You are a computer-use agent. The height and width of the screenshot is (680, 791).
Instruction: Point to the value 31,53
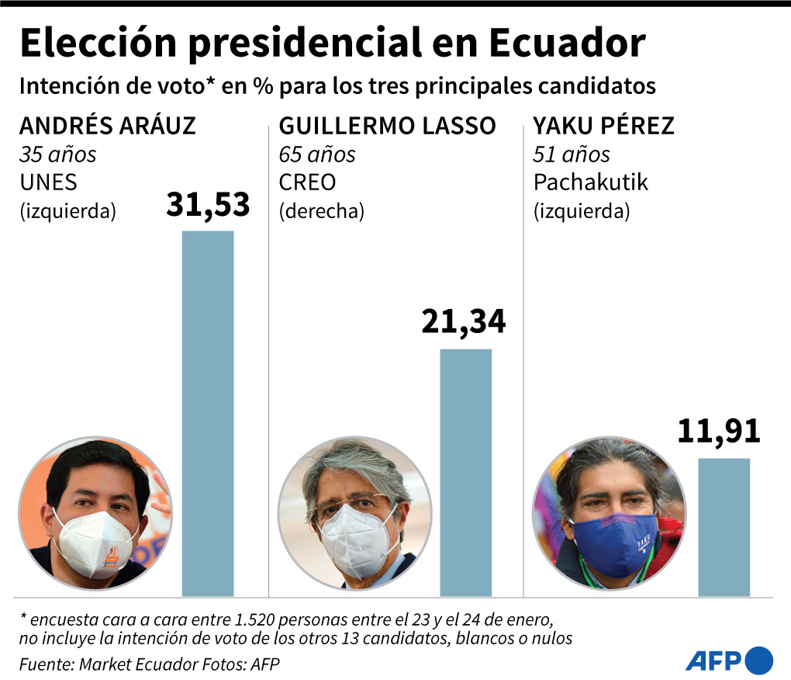pos(208,206)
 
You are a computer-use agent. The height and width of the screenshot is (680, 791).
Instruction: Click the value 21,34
pos(464,321)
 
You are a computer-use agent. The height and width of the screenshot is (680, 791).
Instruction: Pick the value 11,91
pos(719,432)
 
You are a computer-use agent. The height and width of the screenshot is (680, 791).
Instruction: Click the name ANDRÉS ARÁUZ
pos(108,126)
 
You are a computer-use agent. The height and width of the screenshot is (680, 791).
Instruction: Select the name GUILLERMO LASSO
pos(387,126)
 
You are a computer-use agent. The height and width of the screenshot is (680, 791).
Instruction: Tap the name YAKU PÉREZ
pos(603,126)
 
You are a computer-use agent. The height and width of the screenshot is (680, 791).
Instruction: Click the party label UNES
pos(48,182)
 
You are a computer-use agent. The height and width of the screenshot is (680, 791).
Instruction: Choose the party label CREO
pos(307,182)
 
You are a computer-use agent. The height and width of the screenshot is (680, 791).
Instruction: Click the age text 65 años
pos(316,154)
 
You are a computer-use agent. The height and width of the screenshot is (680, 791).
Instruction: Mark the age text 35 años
pos(57,154)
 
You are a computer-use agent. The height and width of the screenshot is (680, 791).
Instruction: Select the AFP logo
pos(729,660)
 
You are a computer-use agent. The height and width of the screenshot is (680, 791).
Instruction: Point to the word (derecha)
pos(321,211)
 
